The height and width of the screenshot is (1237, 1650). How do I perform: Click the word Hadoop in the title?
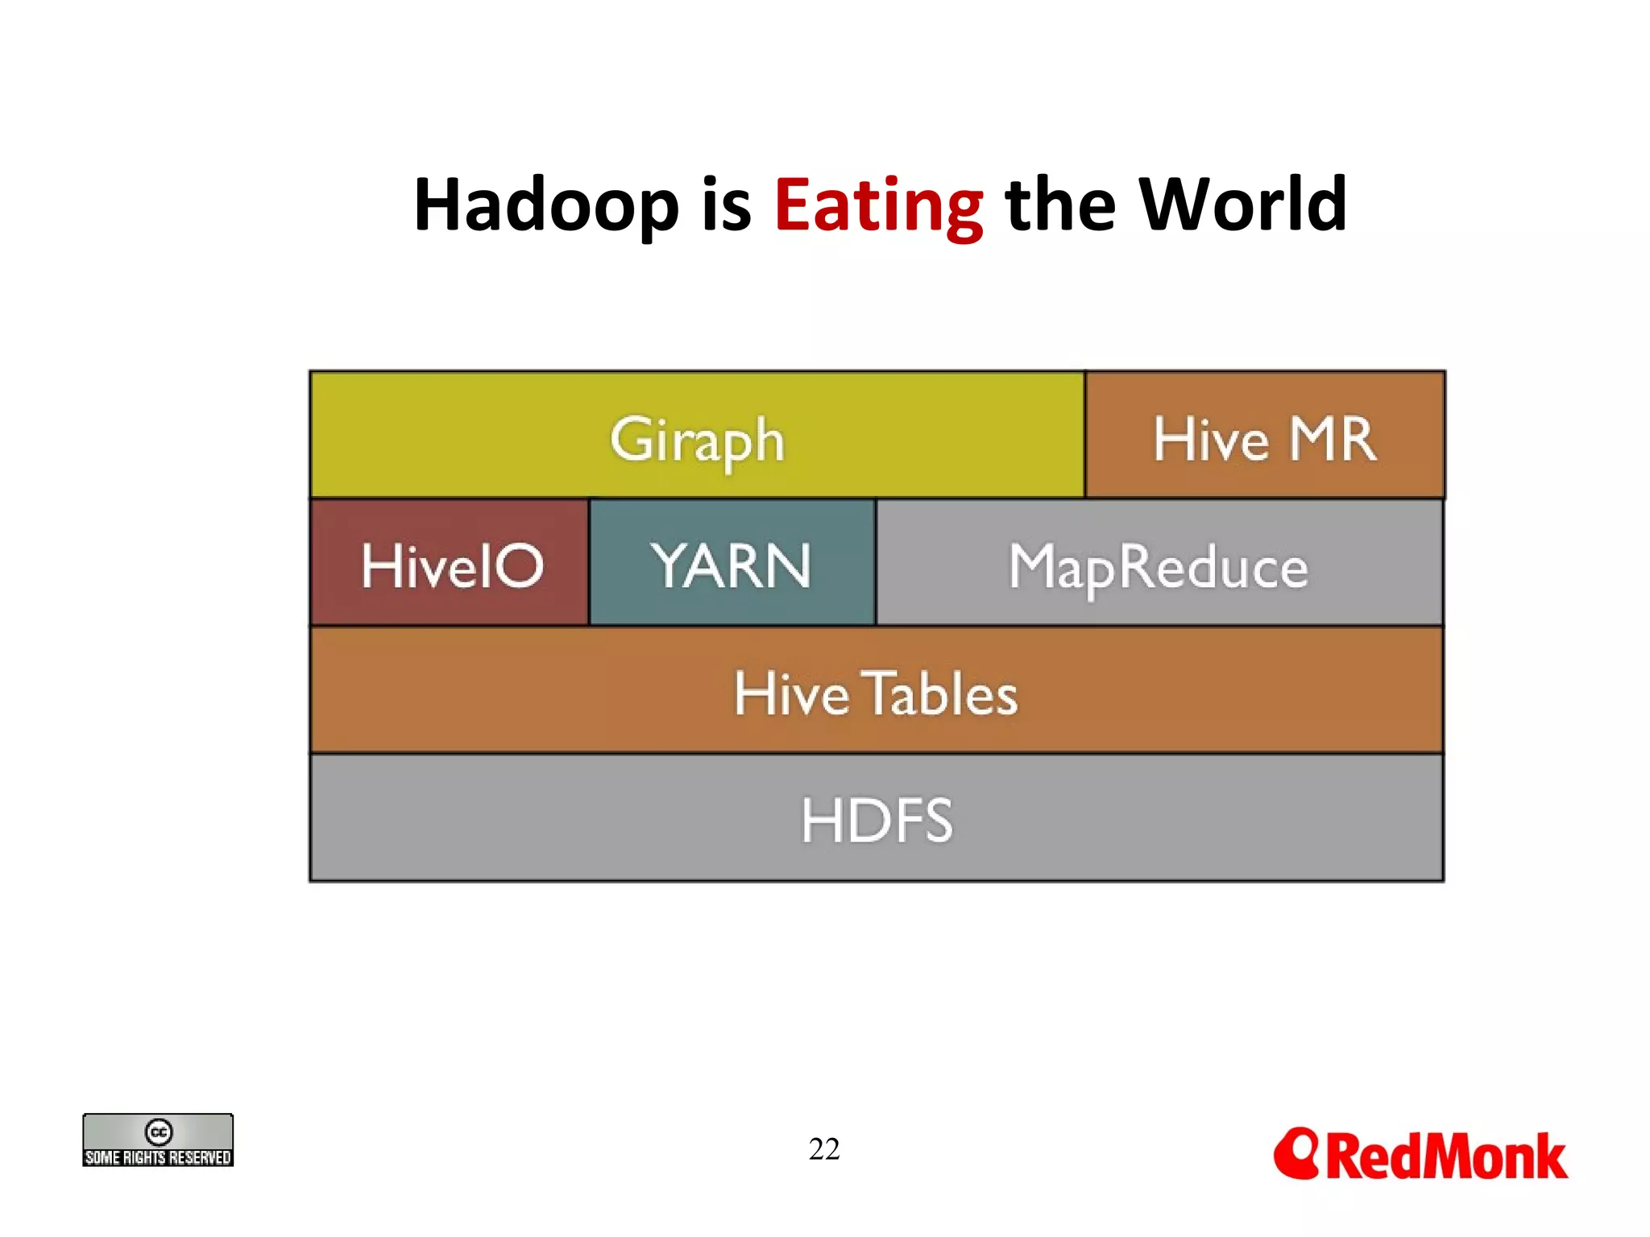pyautogui.click(x=546, y=205)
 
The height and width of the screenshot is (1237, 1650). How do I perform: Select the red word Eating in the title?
pyautogui.click(x=878, y=205)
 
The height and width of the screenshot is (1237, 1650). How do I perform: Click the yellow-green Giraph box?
pyautogui.click(x=697, y=435)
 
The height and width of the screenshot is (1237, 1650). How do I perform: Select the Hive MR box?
pyautogui.click(x=1264, y=435)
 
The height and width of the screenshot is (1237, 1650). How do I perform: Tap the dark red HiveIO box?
pyautogui.click(x=450, y=563)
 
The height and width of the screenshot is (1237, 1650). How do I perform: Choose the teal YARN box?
pyautogui.click(x=732, y=563)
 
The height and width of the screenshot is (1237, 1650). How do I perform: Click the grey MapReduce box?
pyautogui.click(x=1159, y=563)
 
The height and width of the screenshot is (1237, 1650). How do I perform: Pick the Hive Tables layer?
pyautogui.click(x=876, y=690)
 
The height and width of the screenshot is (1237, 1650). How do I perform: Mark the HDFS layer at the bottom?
pyautogui.click(x=876, y=818)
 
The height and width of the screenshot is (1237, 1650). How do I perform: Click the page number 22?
pyautogui.click(x=824, y=1148)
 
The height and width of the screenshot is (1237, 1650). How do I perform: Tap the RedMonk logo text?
pyautogui.click(x=1446, y=1156)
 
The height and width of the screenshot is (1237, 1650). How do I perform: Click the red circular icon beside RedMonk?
pyautogui.click(x=1296, y=1153)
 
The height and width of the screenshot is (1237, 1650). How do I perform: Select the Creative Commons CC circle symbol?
pyautogui.click(x=159, y=1132)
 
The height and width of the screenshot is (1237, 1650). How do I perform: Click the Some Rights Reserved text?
pyautogui.click(x=158, y=1157)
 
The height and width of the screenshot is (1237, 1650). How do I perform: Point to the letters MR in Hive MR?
pyautogui.click(x=1333, y=440)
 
